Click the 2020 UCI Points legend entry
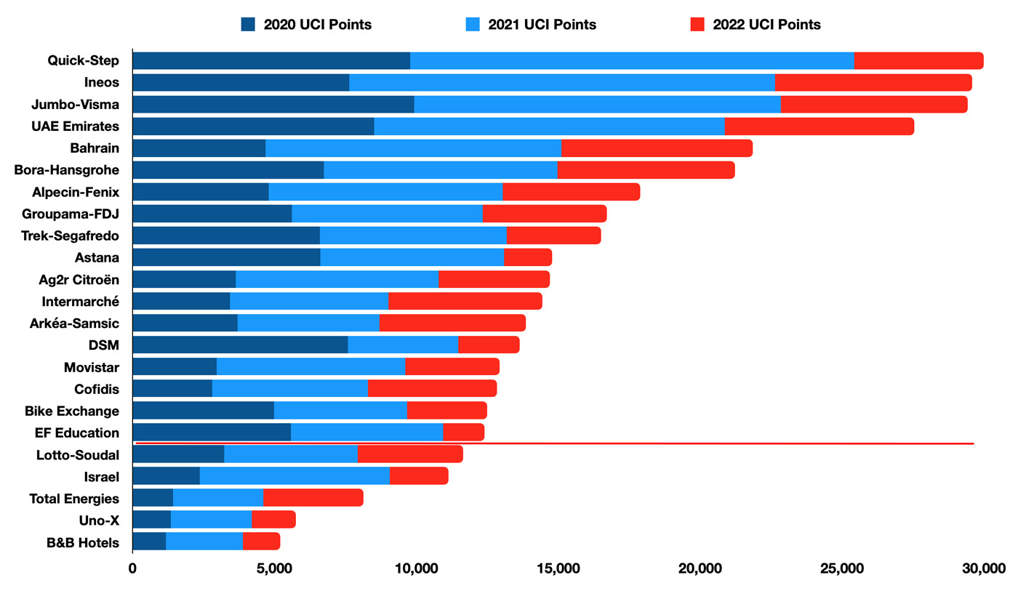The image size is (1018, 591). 307,25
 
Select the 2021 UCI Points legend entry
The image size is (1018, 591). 531,25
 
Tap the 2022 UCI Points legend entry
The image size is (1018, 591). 756,25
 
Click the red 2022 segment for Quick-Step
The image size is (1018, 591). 918,61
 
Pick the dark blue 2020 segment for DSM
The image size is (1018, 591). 240,345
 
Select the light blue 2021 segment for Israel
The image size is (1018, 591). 294,475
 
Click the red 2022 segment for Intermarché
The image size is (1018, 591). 465,301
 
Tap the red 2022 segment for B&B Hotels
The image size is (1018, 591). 261,541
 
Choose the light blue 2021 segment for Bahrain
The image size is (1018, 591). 413,148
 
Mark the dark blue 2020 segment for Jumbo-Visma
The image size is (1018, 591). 273,105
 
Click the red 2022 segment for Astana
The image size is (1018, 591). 528,257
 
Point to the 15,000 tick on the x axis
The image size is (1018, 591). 558,569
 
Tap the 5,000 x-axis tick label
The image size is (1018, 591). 274,569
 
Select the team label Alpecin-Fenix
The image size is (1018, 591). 76,193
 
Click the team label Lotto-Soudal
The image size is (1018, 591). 78,455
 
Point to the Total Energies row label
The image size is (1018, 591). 74,499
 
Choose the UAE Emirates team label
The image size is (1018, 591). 76,126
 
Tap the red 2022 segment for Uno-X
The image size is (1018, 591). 273,519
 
